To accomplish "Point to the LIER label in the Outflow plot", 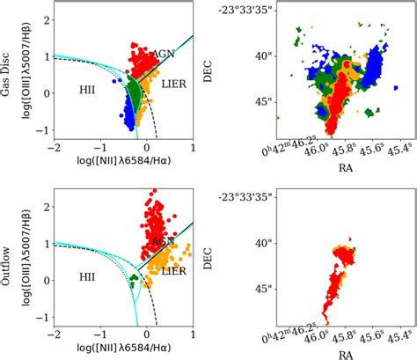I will click(173, 275).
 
